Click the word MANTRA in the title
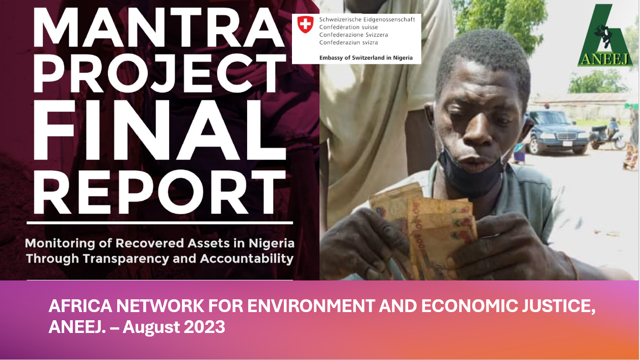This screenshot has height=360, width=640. (x=159, y=27)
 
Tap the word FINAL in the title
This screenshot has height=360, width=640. (x=160, y=130)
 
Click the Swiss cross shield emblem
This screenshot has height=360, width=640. (x=305, y=24)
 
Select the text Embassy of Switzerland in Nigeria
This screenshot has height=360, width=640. (x=366, y=58)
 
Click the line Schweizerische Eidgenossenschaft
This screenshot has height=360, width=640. (x=367, y=19)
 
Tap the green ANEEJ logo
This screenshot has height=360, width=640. (x=605, y=35)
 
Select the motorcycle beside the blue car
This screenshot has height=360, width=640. (x=608, y=135)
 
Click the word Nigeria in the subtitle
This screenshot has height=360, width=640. (x=272, y=243)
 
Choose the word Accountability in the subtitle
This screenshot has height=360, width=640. (x=247, y=259)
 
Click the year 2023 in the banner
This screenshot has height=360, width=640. (x=204, y=327)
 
